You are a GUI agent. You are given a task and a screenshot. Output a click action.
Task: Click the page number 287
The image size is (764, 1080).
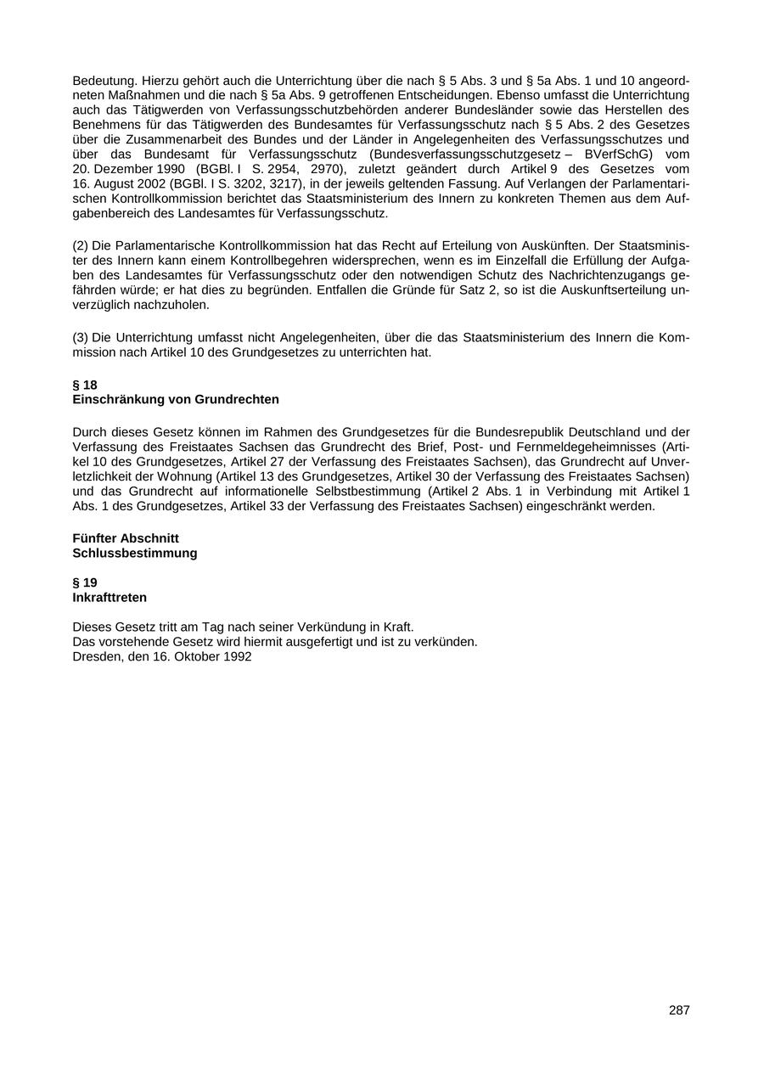(x=679, y=1010)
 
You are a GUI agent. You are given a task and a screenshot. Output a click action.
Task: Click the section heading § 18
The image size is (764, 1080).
(x=85, y=385)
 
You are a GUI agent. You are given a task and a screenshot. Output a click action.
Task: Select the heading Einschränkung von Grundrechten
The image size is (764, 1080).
(x=176, y=399)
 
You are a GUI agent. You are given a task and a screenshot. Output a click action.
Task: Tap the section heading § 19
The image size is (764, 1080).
(x=85, y=582)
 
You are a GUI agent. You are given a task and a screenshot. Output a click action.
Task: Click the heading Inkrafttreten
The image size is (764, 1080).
(x=110, y=597)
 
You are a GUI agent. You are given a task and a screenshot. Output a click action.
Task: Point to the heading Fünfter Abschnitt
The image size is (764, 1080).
(x=126, y=538)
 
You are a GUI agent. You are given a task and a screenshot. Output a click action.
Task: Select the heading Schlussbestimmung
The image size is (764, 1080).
(x=135, y=553)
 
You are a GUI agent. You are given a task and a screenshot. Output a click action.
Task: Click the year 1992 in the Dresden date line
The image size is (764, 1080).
(x=237, y=656)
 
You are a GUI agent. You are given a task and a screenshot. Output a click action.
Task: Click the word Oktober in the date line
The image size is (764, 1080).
(x=196, y=656)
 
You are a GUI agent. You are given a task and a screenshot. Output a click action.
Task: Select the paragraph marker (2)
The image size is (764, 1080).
(x=81, y=245)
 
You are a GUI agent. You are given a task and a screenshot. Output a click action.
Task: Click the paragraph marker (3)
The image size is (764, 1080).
(x=81, y=337)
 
